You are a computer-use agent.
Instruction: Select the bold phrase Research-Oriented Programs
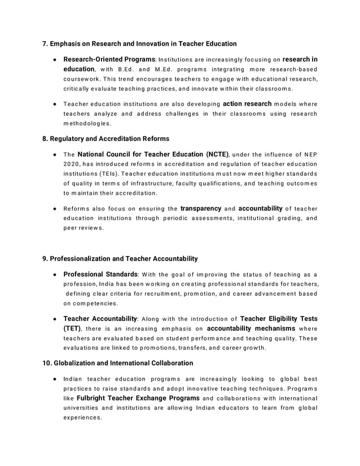point(109,59)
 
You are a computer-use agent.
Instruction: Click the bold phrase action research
point(248,104)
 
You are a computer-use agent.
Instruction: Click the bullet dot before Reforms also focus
point(54,209)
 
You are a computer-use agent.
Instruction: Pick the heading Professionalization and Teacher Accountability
point(124,258)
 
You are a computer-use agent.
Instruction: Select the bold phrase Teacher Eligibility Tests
point(279,318)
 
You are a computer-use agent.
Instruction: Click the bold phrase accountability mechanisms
point(251,328)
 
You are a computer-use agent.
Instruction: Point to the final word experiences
point(82,417)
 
